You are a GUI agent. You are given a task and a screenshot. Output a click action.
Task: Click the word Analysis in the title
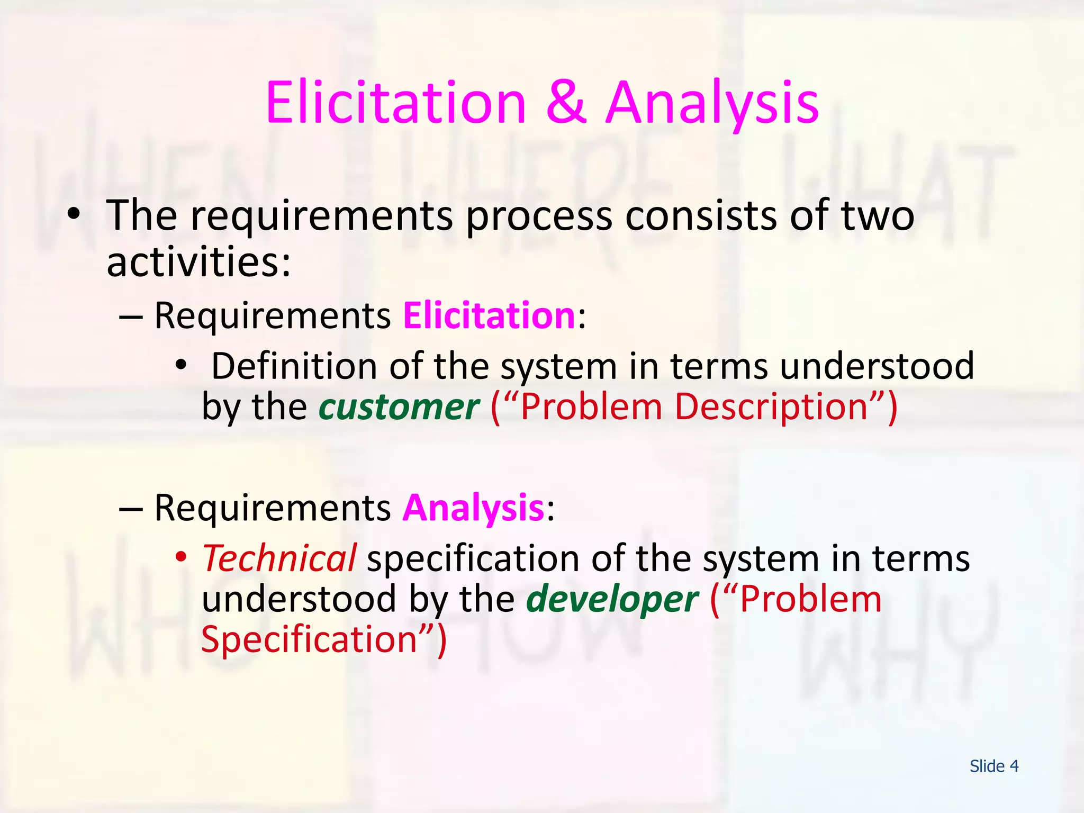(712, 103)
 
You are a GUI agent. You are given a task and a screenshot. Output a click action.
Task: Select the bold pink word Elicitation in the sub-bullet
(489, 316)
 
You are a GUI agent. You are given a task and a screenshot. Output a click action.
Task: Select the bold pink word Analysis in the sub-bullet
(473, 509)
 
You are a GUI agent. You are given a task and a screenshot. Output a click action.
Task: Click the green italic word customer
(399, 407)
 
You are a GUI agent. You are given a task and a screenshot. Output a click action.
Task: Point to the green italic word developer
(612, 600)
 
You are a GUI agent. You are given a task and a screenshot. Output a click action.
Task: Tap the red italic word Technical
(279, 559)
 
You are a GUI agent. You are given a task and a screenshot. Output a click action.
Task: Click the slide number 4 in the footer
(1014, 766)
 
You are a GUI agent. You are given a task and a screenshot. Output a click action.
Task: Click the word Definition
(294, 366)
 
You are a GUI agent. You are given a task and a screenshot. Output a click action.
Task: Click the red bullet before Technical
(181, 556)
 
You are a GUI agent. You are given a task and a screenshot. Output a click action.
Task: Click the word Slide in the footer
(987, 766)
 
